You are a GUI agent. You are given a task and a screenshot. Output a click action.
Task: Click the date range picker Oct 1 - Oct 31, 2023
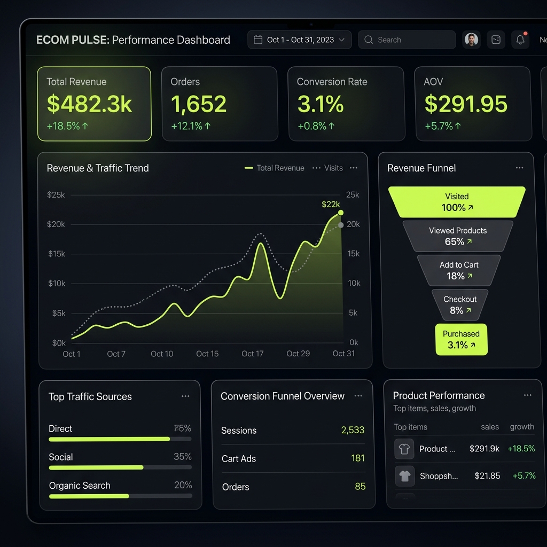coord(299,40)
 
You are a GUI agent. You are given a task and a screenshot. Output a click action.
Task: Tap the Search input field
coord(406,40)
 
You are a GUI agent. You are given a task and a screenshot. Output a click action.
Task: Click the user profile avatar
coord(471,40)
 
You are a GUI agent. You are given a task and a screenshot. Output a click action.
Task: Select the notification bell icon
coord(520,40)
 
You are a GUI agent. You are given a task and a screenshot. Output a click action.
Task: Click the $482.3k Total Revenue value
coord(89,104)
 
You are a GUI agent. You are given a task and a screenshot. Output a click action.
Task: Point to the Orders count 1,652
coord(199,104)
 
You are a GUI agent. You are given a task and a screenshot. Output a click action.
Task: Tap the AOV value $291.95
coord(466,104)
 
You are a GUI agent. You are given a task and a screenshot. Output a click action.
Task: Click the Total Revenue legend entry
coord(275,168)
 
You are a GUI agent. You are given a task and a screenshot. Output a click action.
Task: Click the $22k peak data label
coord(331,204)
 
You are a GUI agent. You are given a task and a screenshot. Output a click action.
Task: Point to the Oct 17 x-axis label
coord(252,354)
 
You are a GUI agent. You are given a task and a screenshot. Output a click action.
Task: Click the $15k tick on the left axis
coord(57,254)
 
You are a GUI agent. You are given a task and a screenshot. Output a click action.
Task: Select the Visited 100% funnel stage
coord(457,202)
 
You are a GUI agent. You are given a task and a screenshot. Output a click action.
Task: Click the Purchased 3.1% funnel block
coord(461,340)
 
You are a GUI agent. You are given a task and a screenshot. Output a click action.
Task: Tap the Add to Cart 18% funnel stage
coord(459,270)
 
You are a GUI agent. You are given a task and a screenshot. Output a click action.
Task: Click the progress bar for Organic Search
coord(120,496)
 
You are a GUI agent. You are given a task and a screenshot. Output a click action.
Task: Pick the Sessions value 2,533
coord(353,430)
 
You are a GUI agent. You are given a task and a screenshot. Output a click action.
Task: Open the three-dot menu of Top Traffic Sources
coord(185,396)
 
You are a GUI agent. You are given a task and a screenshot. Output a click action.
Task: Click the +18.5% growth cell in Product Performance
coord(521,449)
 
